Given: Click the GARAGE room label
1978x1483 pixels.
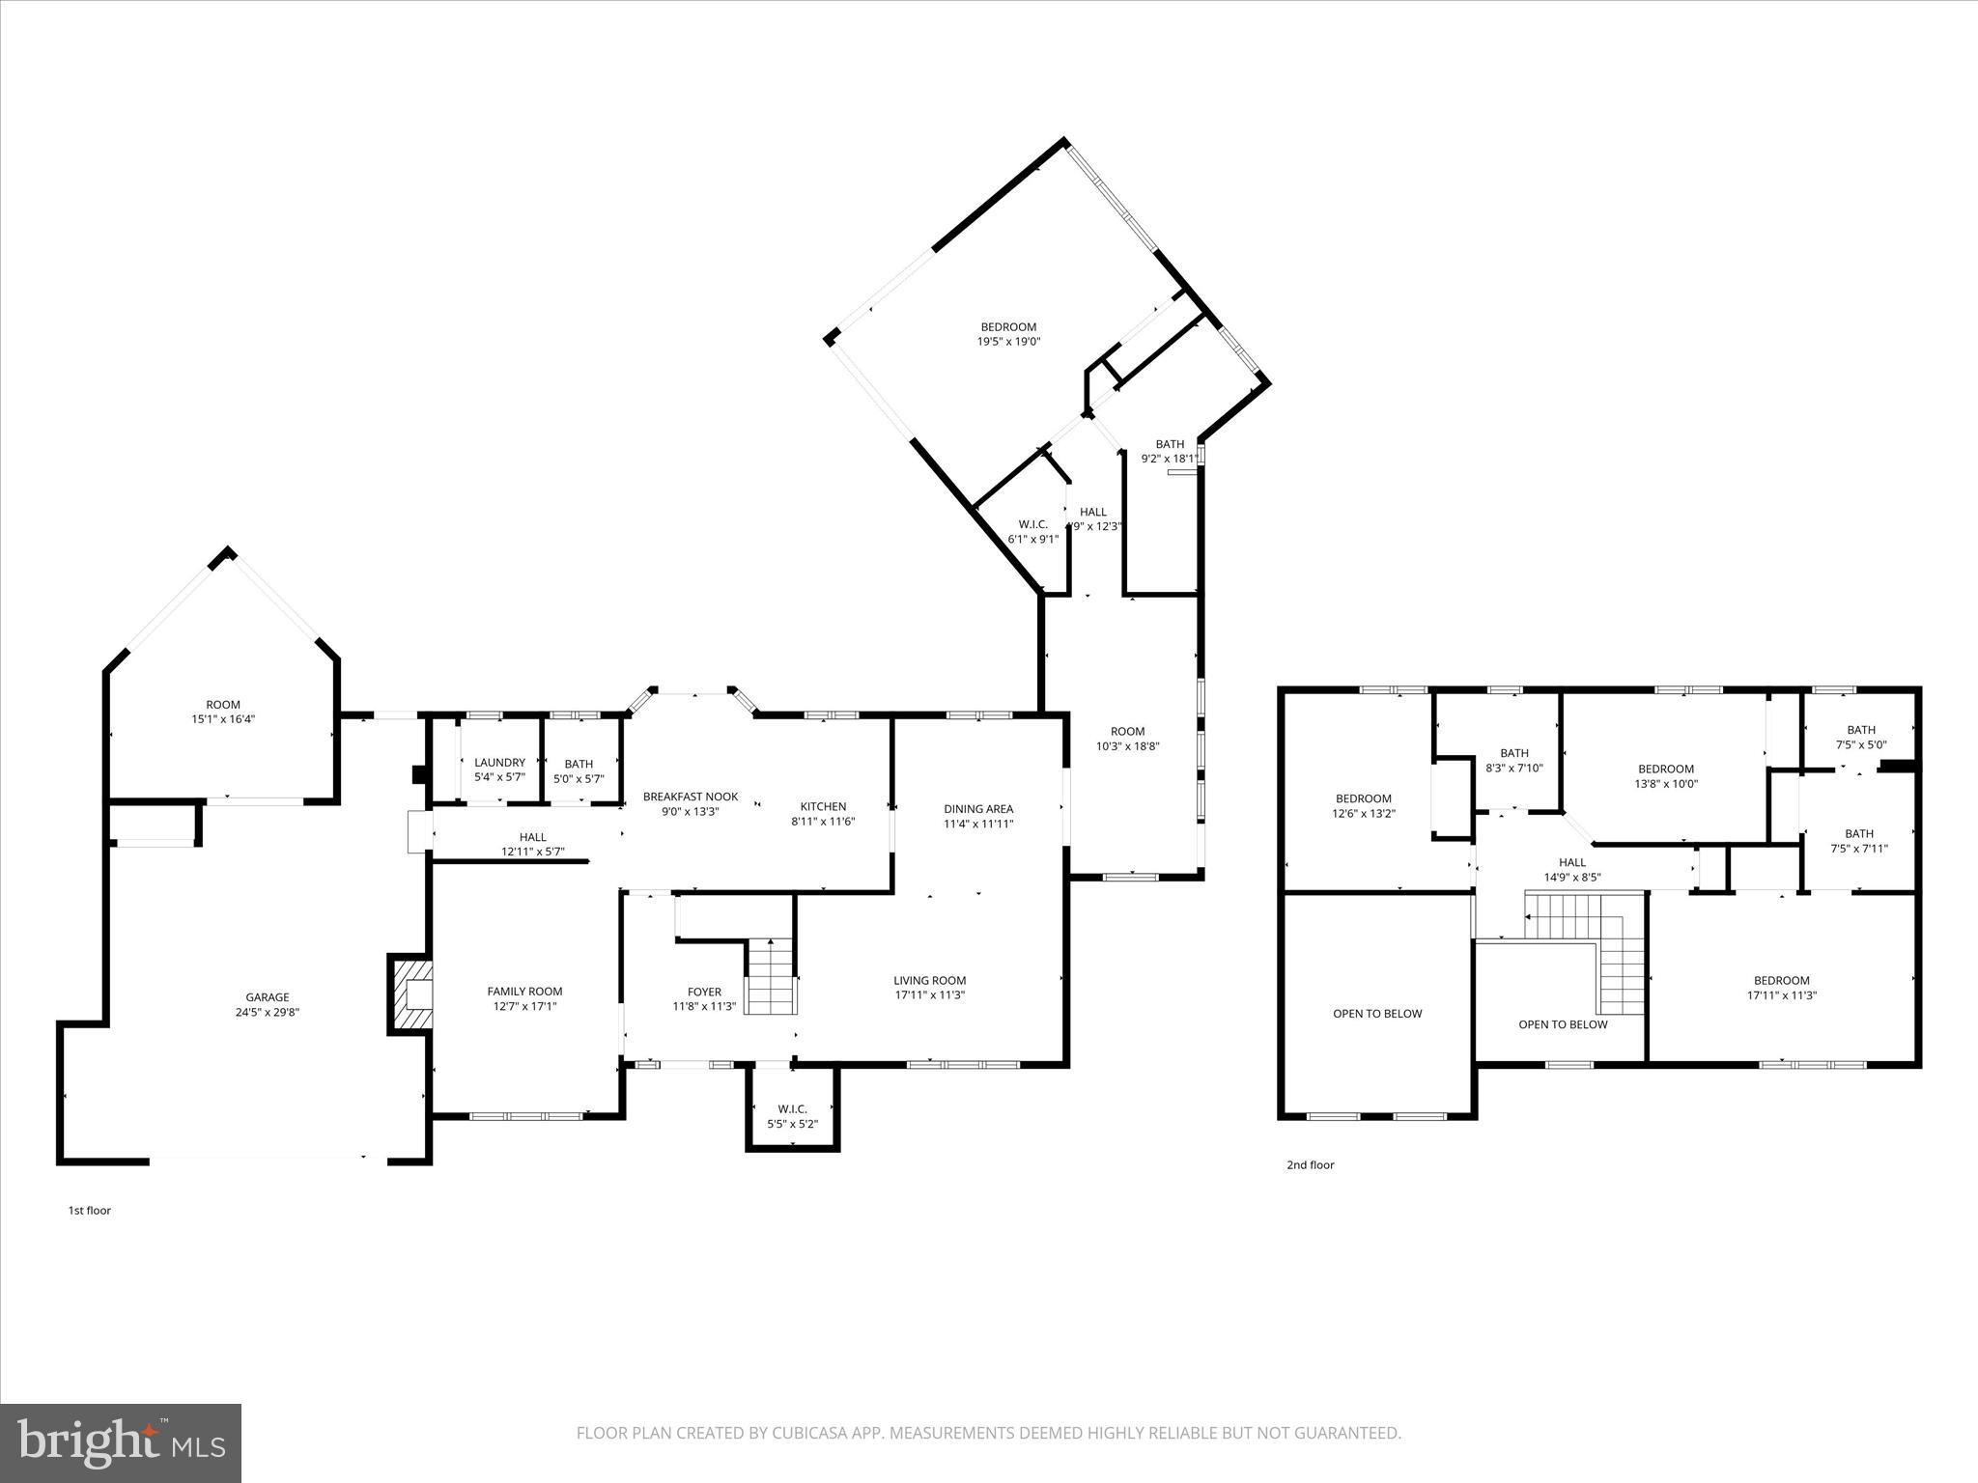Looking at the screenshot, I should tap(267, 997).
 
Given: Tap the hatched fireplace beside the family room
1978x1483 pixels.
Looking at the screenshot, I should tap(410, 994).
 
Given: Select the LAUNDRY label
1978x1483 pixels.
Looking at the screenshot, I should tap(499, 763).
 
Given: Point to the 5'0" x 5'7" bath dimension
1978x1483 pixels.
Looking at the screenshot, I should tap(579, 778).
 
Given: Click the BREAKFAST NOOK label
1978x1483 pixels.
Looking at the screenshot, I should tap(691, 797).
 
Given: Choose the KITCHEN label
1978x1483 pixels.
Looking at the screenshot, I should tap(823, 806).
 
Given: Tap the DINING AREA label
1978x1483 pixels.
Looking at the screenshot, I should tap(978, 809).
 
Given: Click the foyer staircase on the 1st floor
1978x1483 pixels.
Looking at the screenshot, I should tap(771, 977).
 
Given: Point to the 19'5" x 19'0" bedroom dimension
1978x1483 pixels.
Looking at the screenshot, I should tap(1008, 342).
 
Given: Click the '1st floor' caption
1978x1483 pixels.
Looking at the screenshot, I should tap(89, 1210).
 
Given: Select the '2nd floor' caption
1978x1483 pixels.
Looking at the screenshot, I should tap(1310, 1164).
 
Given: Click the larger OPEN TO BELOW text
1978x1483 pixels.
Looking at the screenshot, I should tap(1377, 1014).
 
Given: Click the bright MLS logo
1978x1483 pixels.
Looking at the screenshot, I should tap(121, 1443).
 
